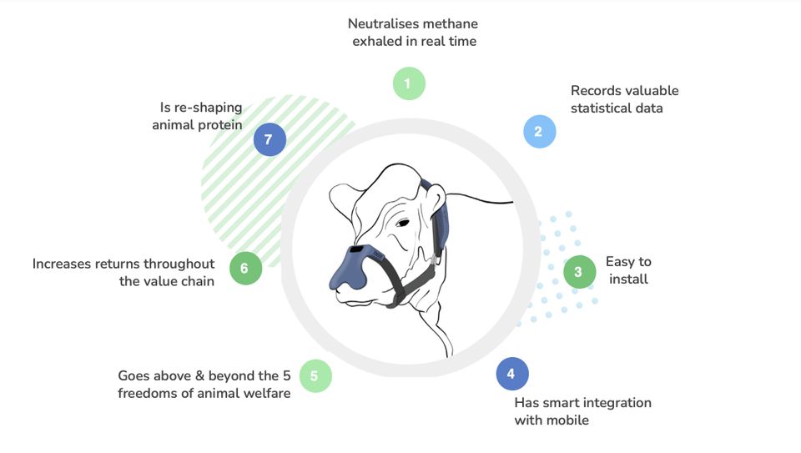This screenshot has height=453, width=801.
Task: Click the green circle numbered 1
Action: [409, 83]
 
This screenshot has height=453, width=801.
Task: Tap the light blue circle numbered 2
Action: [540, 131]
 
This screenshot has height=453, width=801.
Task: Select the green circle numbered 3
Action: [579, 272]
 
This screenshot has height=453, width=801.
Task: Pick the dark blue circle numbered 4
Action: [512, 374]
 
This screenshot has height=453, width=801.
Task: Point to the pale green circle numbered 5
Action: [315, 376]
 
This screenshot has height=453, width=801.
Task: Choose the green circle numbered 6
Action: [245, 268]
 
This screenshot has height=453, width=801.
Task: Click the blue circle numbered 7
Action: [270, 139]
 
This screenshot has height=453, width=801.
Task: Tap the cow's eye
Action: [402, 223]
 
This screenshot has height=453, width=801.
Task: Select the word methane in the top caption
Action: [451, 23]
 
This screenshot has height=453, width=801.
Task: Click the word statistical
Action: [600, 108]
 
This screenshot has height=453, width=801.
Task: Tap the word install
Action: [628, 279]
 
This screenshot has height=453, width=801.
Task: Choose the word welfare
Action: [268, 393]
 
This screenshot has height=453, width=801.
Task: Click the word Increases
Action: [61, 264]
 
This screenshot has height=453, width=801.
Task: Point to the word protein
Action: [219, 125]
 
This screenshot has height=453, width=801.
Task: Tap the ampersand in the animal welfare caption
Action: [199, 376]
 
